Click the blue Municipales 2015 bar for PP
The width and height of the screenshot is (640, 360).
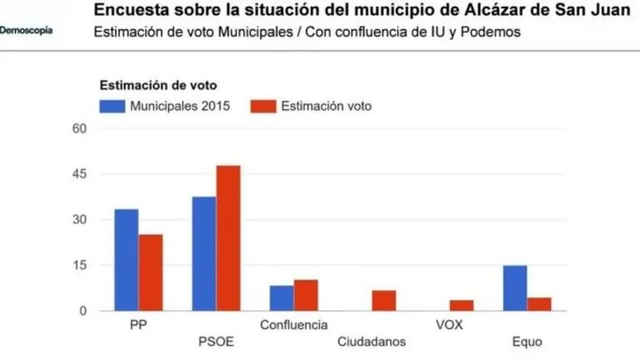[x=126, y=260]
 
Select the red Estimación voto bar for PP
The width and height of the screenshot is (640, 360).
[x=151, y=272]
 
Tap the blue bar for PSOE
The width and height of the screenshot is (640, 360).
[x=203, y=254]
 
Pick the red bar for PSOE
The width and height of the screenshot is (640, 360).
[x=228, y=238]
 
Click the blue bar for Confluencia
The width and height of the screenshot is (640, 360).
[x=282, y=298]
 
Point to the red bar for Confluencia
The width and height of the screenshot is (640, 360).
[x=306, y=295]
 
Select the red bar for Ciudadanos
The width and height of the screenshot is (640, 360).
[x=383, y=301]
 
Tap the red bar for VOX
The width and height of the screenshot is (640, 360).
[x=462, y=306]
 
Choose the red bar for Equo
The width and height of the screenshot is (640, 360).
[x=539, y=304]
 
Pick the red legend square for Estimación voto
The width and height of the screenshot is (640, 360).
[x=262, y=106]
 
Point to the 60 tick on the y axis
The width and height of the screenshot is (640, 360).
[x=79, y=128]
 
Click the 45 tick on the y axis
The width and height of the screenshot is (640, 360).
[x=79, y=174]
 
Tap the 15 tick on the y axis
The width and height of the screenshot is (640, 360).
[x=79, y=266]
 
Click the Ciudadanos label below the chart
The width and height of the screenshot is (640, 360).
[x=372, y=342]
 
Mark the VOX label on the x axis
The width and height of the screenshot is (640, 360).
[x=449, y=325]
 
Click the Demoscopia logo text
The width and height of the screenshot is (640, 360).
[x=26, y=30]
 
